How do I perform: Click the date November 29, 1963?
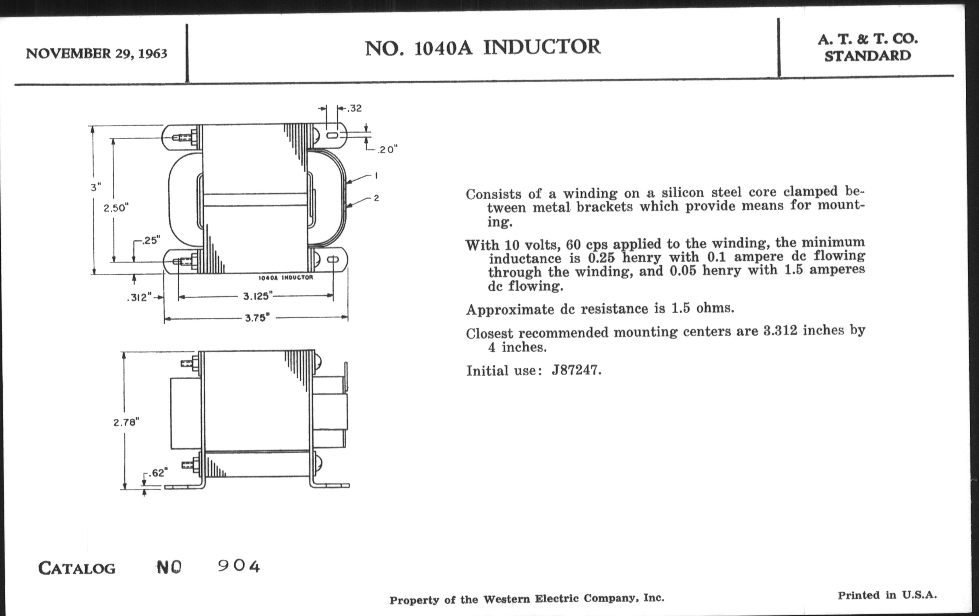click(96, 54)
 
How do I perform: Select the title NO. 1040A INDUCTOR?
click(482, 48)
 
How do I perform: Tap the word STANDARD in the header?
click(867, 56)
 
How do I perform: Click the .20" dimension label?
click(386, 150)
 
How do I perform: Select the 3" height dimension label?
click(95, 188)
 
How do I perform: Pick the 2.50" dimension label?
click(116, 208)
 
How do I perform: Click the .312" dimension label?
click(139, 298)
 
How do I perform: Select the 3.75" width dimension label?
click(258, 318)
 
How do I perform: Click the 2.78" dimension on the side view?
click(126, 422)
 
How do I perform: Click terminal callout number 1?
click(376, 176)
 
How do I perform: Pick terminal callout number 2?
click(376, 198)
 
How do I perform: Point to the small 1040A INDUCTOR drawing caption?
click(286, 278)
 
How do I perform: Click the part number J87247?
click(576, 370)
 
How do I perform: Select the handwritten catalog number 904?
click(239, 566)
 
